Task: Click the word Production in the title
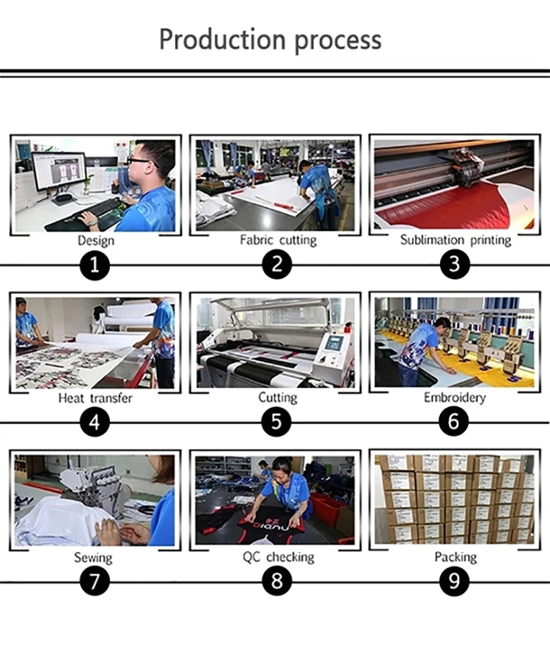[222, 40]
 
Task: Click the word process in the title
[338, 42]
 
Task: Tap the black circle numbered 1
[95, 265]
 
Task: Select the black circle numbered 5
[276, 421]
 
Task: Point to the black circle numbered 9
[454, 580]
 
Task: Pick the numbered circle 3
[455, 264]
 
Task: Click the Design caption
[96, 241]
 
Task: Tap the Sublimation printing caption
[455, 240]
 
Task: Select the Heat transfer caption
[95, 398]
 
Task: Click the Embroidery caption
[455, 398]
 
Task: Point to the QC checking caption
[279, 557]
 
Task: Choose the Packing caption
[455, 557]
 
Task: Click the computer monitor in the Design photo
[59, 172]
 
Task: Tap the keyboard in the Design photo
[100, 208]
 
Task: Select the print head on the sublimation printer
[466, 167]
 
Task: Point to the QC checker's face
[279, 470]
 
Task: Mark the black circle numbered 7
[95, 580]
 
